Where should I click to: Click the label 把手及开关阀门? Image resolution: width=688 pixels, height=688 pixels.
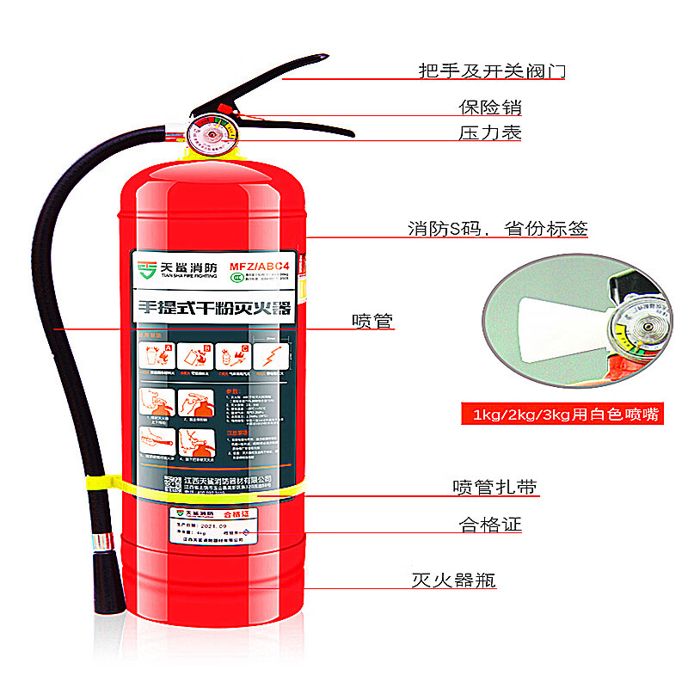[x=492, y=71]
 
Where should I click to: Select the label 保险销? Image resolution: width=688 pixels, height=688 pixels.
[x=489, y=108]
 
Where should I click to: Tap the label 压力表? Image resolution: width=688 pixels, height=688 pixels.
[x=489, y=133]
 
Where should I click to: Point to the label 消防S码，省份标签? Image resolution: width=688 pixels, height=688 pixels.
[x=498, y=229]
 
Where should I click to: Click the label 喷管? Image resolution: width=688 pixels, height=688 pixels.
[x=372, y=321]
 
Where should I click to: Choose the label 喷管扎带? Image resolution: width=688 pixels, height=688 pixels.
[x=494, y=487]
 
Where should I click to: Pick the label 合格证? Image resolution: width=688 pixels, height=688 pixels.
[x=490, y=525]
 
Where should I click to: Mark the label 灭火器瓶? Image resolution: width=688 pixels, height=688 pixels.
[x=453, y=579]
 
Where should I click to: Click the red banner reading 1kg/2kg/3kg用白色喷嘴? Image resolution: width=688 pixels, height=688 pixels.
[x=566, y=415]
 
